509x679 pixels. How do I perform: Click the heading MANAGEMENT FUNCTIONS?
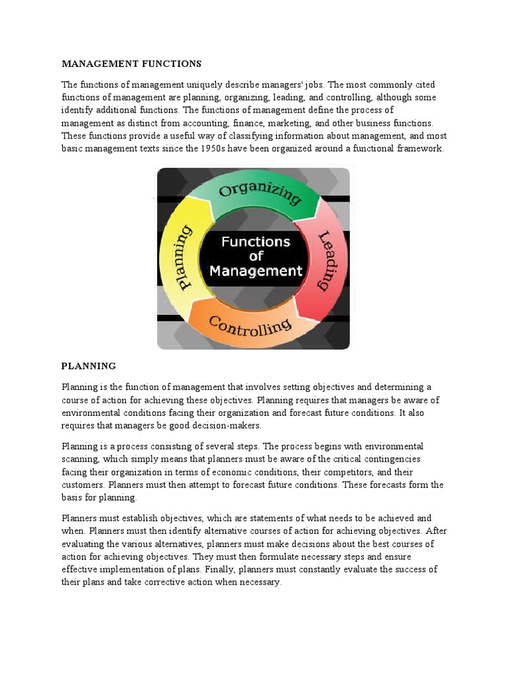[x=131, y=64]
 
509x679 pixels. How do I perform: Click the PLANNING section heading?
[x=89, y=366]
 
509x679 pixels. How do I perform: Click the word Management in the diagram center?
[x=256, y=271]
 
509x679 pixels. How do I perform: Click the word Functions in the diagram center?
[x=256, y=241]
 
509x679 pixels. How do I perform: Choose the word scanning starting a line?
[x=81, y=460]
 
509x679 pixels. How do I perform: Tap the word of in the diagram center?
[x=256, y=256]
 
